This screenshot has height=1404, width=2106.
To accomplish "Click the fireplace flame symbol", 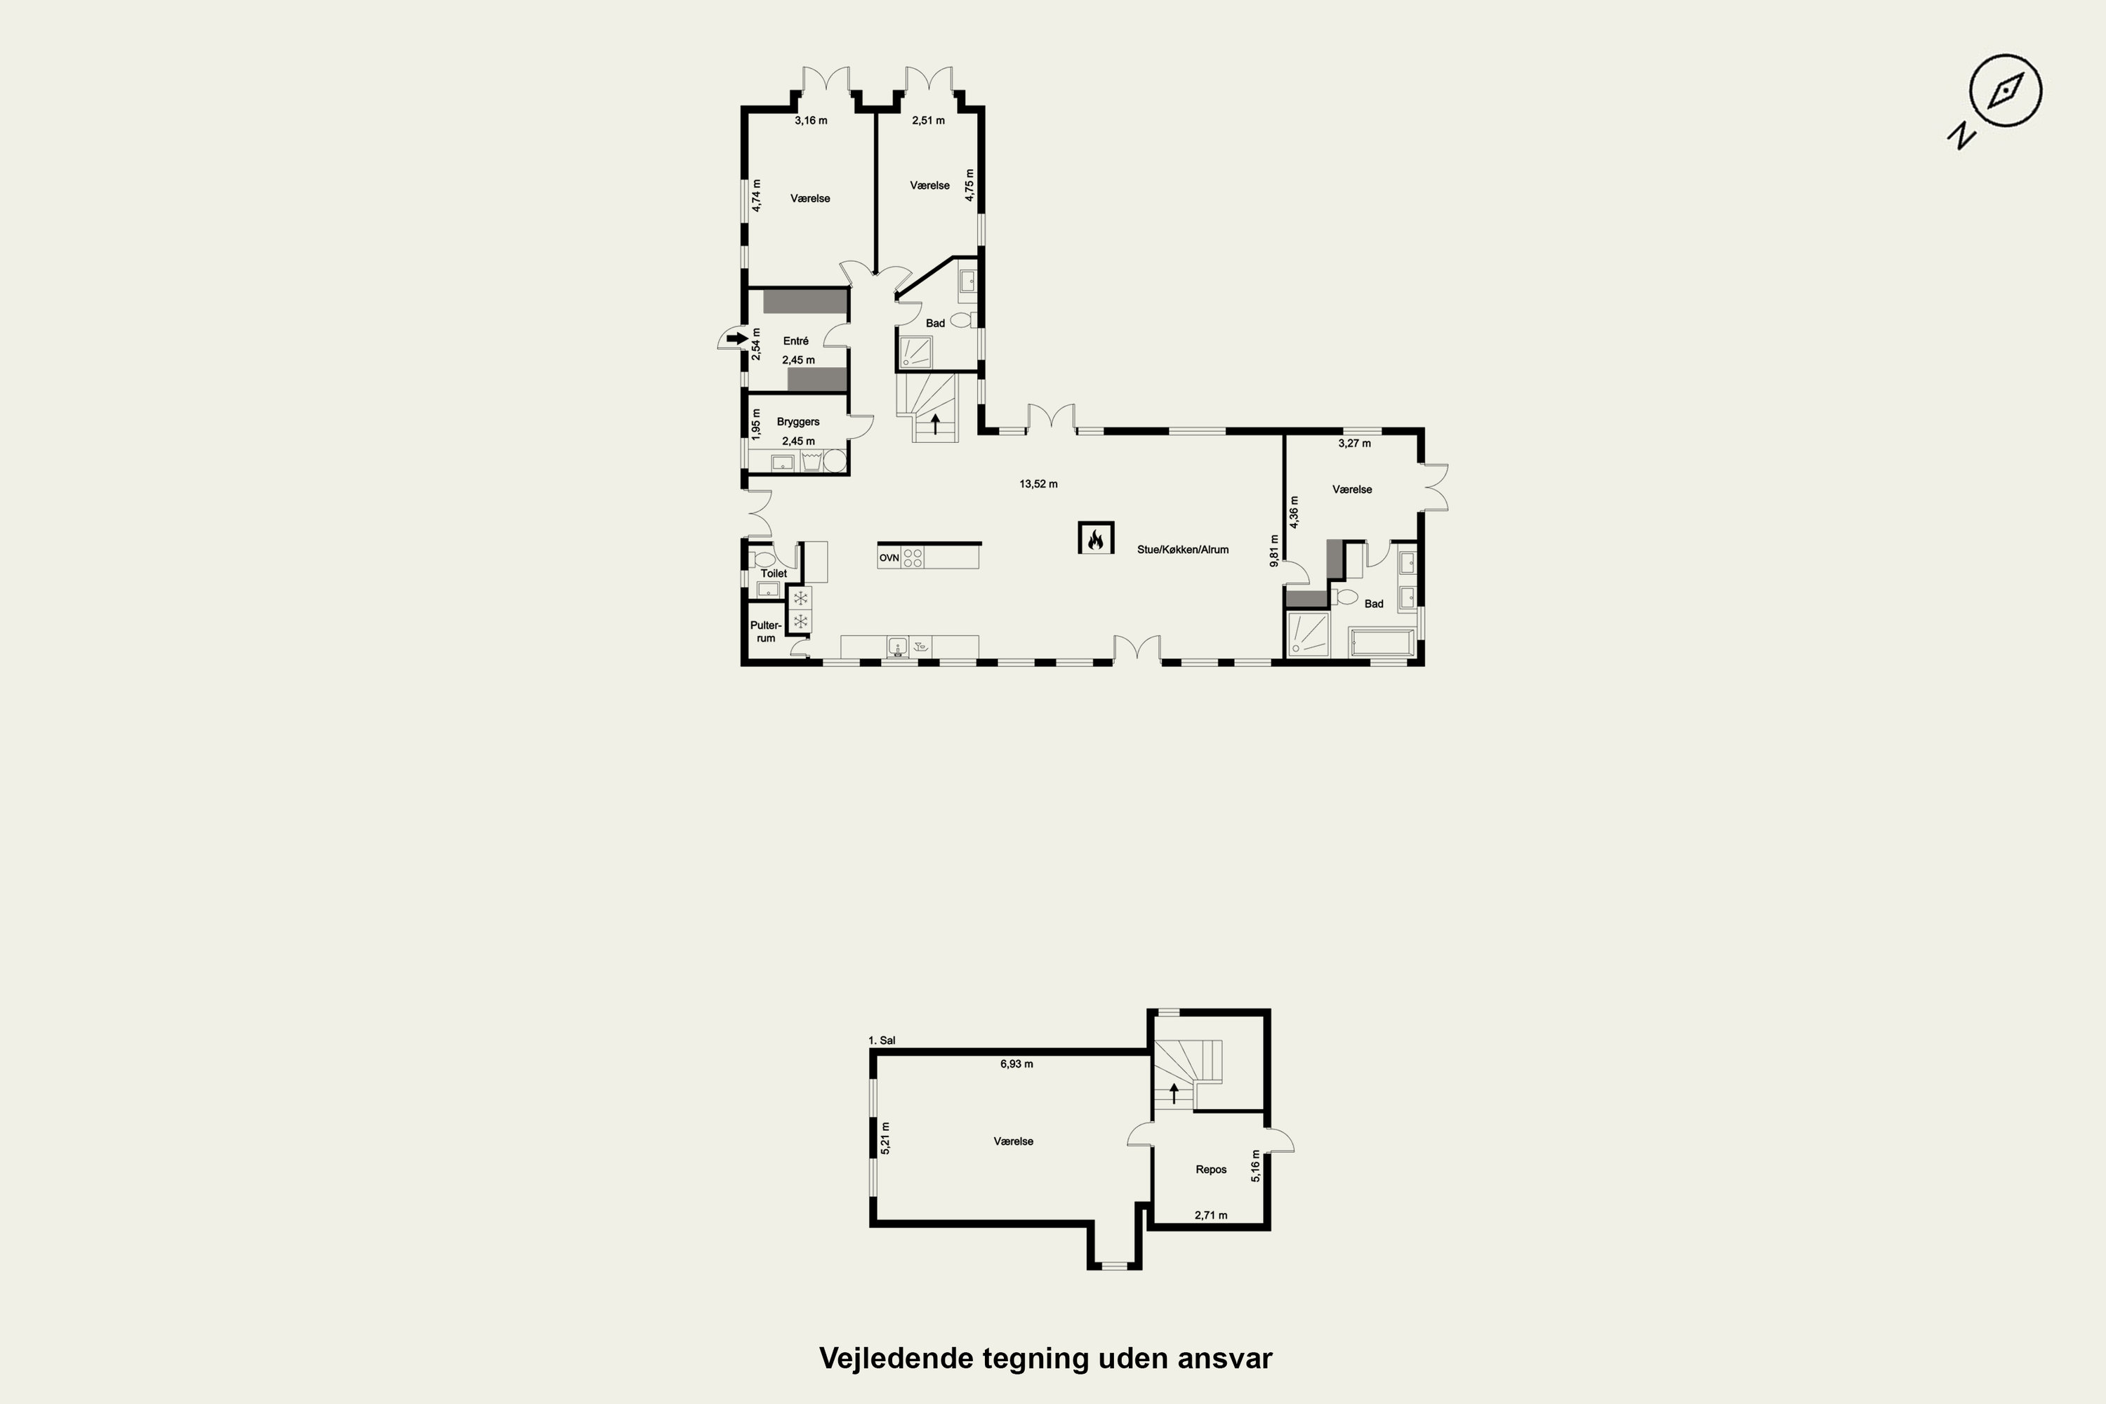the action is [1095, 539].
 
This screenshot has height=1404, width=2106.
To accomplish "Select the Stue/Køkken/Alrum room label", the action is [1183, 550].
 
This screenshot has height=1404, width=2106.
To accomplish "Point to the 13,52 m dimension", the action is [1039, 484].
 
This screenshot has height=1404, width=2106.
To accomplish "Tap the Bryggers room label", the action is [797, 422].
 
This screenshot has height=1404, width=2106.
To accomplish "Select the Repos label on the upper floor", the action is [1210, 1170].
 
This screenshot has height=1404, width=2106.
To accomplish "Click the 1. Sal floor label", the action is [882, 1040].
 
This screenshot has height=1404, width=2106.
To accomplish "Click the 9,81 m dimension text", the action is [1274, 550].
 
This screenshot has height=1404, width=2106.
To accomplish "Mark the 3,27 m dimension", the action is [1354, 443].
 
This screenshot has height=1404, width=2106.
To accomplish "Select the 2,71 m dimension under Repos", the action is [1210, 1216].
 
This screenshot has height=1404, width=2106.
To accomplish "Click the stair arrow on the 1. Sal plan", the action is [1174, 1092].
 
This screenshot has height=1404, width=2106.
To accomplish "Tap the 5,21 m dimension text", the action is [885, 1139].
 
